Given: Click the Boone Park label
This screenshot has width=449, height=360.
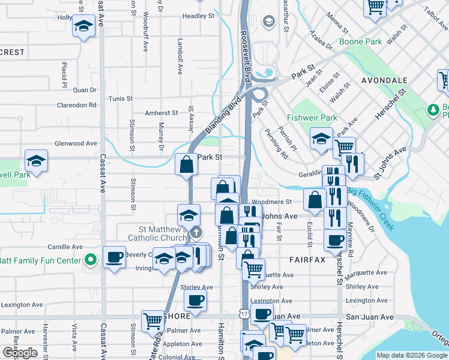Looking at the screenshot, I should coord(360,42).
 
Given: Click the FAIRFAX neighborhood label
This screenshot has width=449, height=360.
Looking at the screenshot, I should coord(307,260).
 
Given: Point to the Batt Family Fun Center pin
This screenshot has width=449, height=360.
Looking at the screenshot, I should coord(91,260).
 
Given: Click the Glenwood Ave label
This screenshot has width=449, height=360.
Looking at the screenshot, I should coord(76,143).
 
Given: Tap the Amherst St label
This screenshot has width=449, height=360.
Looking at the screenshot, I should coord(161,112).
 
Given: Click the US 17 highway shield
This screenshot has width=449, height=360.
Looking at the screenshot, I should coord(244,314).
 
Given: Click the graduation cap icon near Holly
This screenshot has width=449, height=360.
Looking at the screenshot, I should coord(84,26).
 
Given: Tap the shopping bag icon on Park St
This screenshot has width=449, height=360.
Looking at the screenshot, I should coord(187,163).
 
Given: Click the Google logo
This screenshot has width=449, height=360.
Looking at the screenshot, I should coord(20,353).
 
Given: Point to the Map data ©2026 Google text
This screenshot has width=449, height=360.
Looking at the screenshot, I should coord(412,355).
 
